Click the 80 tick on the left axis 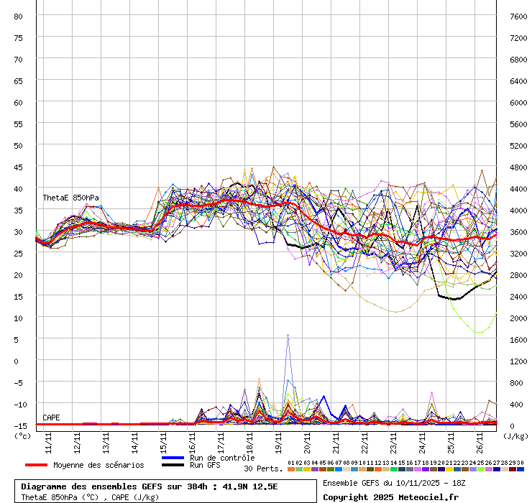click(19, 16)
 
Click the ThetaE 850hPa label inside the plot click(70, 198)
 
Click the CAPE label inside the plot click(51, 417)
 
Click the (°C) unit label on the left click(22, 435)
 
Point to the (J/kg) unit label click(515, 435)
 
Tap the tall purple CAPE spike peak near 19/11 click(288, 335)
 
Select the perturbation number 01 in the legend click(291, 463)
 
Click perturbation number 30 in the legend click(520, 463)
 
